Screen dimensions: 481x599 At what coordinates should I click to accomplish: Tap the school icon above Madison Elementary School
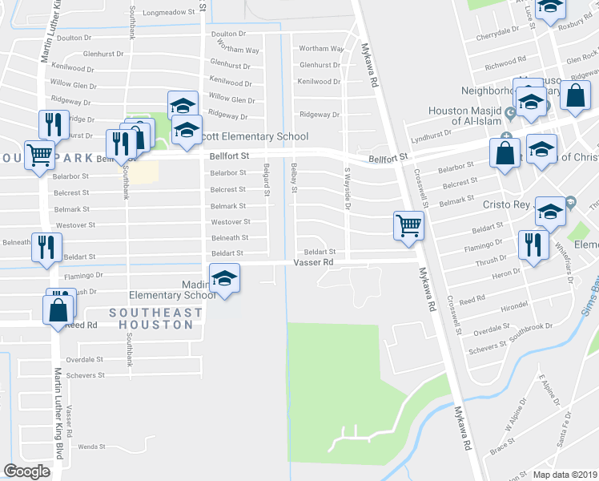[225, 280]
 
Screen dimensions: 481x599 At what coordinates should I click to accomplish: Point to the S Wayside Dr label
[348, 188]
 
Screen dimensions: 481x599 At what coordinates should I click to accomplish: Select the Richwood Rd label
[505, 61]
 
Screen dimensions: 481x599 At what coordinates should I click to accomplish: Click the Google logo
[27, 471]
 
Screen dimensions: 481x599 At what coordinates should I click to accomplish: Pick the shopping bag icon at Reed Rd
[58, 310]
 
